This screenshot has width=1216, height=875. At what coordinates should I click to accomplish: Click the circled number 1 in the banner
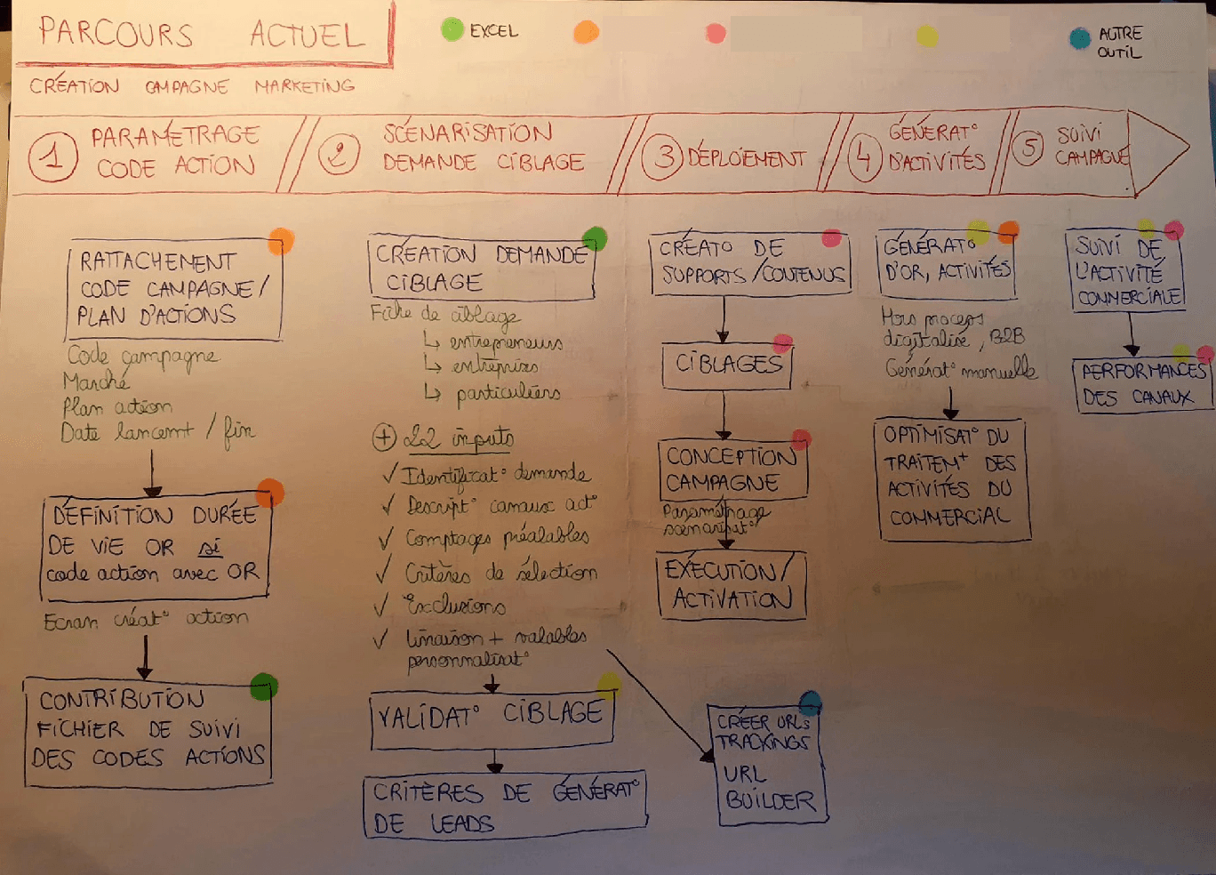coord(52,157)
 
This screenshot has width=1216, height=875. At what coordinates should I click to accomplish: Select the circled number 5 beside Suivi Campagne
coord(1028,147)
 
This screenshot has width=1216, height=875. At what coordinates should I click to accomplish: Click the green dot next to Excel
coord(452,29)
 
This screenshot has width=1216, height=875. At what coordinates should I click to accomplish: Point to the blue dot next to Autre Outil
coord(1079,38)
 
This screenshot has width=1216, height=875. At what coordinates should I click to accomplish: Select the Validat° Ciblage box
coord(492,718)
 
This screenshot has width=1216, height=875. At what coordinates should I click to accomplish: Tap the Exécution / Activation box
coord(732,585)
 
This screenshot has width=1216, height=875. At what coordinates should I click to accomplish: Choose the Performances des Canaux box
coord(1141,384)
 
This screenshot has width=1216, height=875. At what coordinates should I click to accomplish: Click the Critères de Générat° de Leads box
coord(504,806)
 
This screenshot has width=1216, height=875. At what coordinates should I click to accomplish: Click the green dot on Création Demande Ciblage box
coord(595,238)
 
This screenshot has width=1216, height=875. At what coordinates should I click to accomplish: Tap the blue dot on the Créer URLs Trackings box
coord(810,703)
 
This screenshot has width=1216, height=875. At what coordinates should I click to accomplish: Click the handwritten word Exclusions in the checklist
coord(455,606)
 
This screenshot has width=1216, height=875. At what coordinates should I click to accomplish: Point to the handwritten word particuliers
coord(508,393)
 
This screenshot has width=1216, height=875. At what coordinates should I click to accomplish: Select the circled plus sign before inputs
coord(384,437)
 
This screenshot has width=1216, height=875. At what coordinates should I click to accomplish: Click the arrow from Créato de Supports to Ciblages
coord(724,319)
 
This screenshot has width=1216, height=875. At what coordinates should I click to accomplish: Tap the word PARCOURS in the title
coord(116,33)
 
